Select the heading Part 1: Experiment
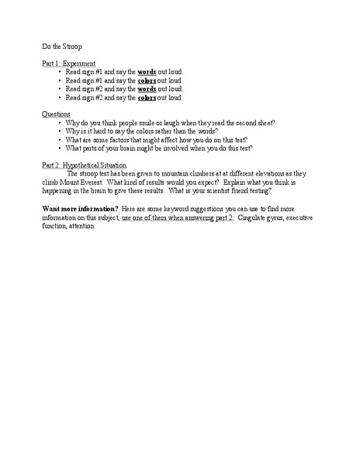69,62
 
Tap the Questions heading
55,114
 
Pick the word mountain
175,174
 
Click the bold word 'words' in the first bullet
148,71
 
